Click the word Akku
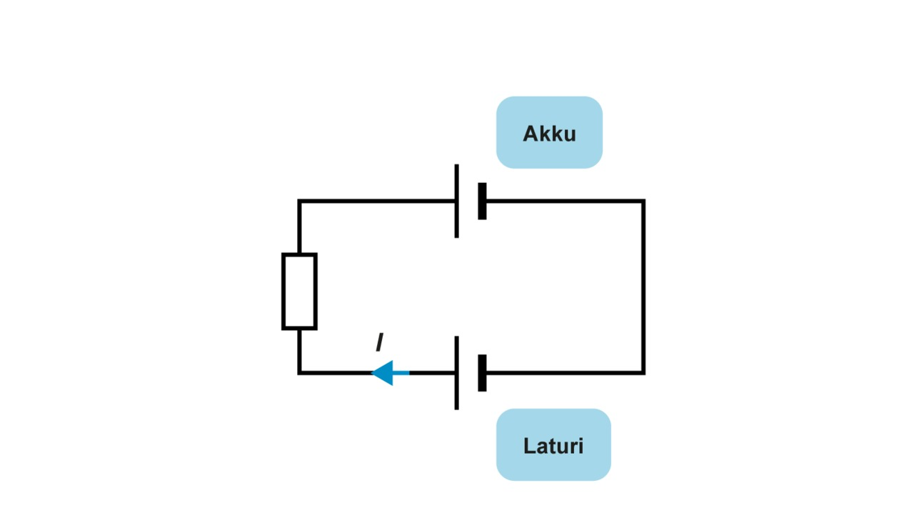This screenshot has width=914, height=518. pyautogui.click(x=549, y=134)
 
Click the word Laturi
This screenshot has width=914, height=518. pyautogui.click(x=553, y=446)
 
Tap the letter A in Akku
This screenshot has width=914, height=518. pyautogui.click(x=531, y=134)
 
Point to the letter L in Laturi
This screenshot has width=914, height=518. pyautogui.click(x=529, y=446)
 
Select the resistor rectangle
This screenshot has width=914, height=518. pyautogui.click(x=299, y=292)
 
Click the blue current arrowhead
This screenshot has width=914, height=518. pyautogui.click(x=384, y=373)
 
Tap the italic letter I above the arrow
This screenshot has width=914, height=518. pyautogui.click(x=379, y=344)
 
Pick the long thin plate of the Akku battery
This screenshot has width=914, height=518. pyautogui.click(x=456, y=201)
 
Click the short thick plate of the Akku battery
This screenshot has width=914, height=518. pyautogui.click(x=482, y=201)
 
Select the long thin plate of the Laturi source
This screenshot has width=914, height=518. pyautogui.click(x=456, y=373)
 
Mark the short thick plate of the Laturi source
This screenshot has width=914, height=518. pyautogui.click(x=482, y=373)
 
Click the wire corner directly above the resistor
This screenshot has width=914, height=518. pyautogui.click(x=299, y=201)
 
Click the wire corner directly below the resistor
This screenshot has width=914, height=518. pyautogui.click(x=299, y=372)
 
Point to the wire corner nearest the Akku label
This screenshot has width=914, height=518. pyautogui.click(x=643, y=201)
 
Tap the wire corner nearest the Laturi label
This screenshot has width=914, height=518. pyautogui.click(x=643, y=372)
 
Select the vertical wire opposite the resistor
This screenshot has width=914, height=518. pyautogui.click(x=643, y=286)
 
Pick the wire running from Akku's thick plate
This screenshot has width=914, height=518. pyautogui.click(x=564, y=201)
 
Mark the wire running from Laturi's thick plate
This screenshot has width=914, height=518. pyautogui.click(x=564, y=372)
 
